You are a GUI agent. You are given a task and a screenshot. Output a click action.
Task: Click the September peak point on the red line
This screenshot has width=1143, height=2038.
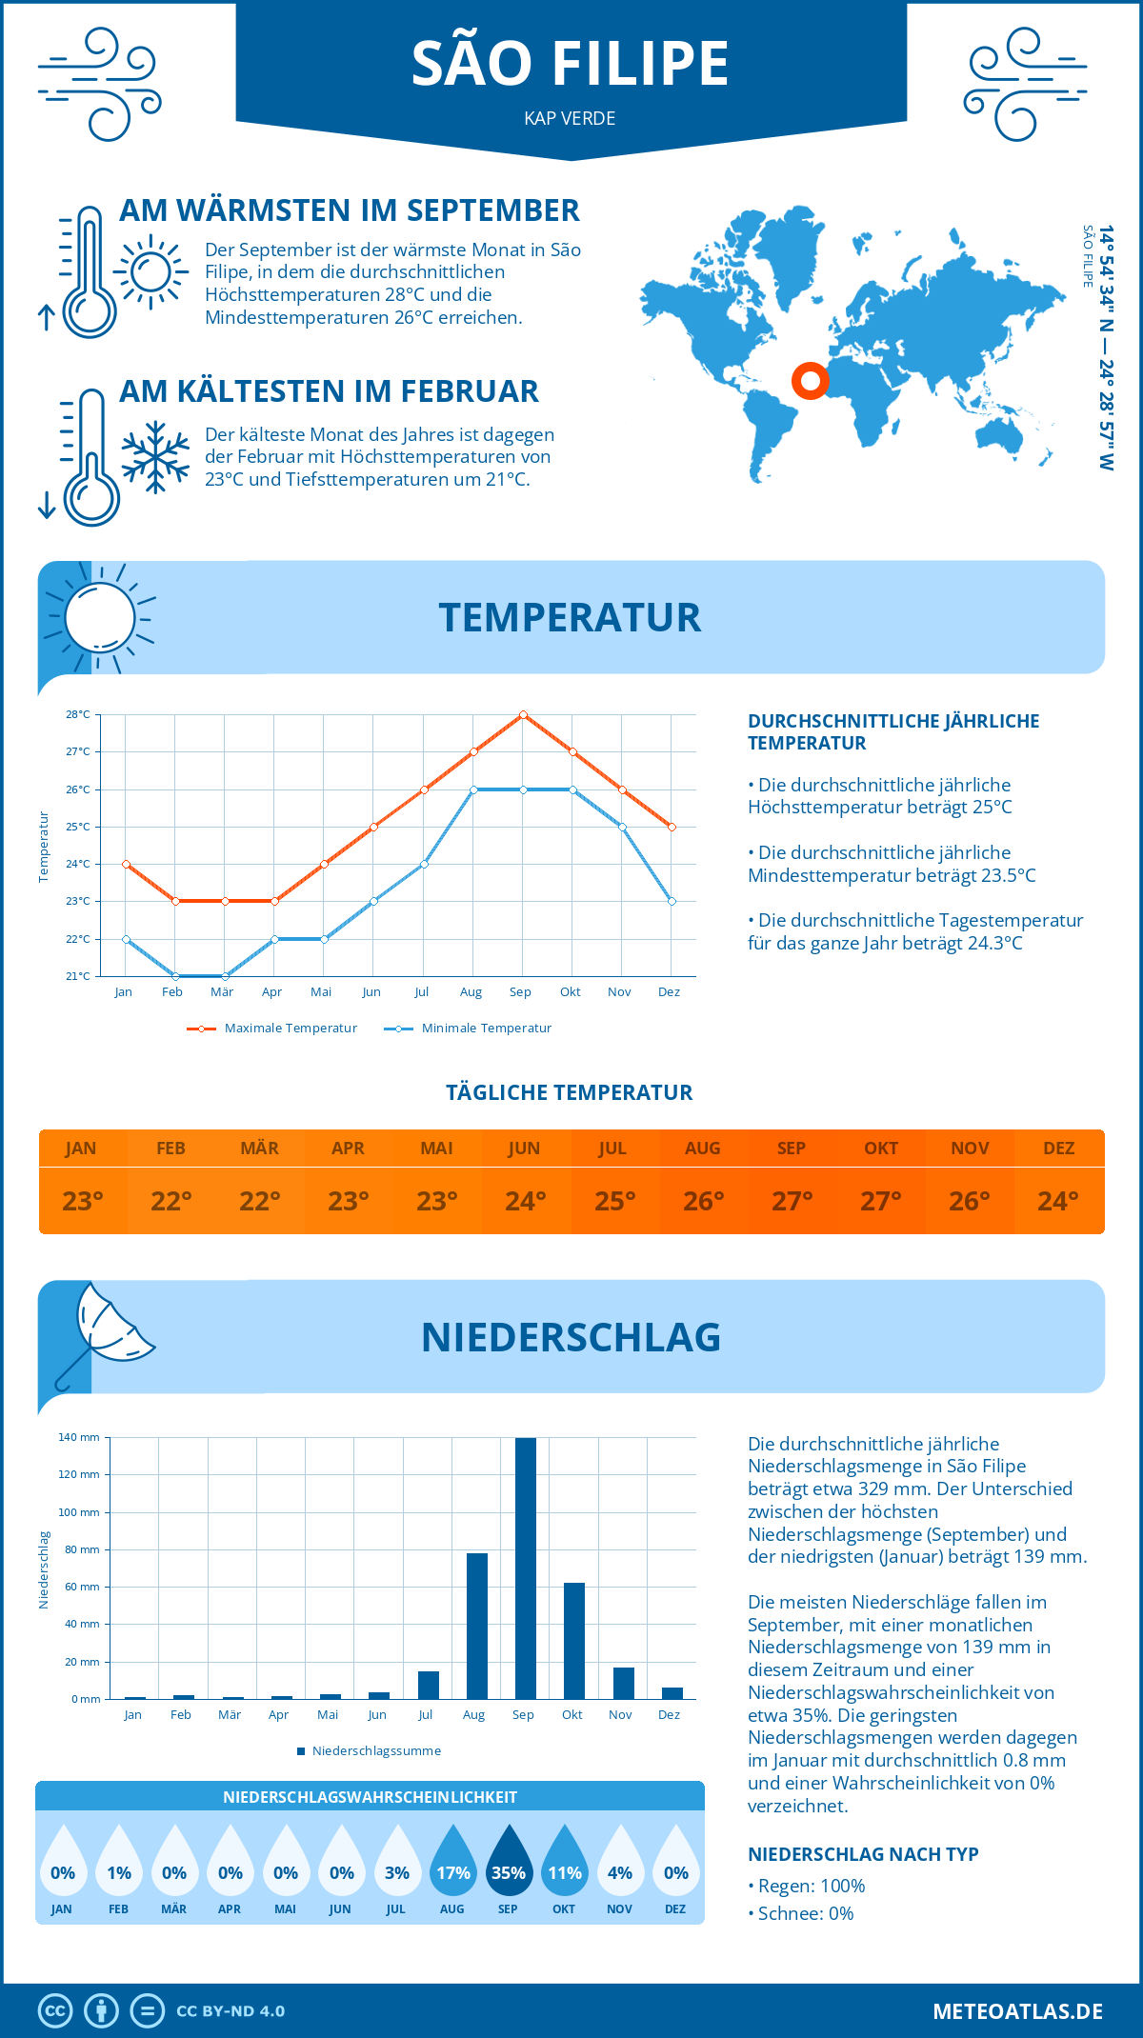[523, 714]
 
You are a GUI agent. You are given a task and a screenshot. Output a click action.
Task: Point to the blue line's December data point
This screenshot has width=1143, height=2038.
[672, 901]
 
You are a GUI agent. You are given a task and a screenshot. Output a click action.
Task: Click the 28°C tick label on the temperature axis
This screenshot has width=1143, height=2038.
[78, 714]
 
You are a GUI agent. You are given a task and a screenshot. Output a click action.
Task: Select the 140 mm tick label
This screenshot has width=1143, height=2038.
[79, 1437]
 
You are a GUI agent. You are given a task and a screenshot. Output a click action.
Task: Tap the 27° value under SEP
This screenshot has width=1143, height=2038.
[792, 1201]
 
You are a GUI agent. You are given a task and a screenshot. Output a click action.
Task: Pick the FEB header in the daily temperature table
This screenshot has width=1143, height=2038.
[170, 1148]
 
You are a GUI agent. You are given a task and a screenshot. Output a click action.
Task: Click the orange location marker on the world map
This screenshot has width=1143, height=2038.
[810, 381]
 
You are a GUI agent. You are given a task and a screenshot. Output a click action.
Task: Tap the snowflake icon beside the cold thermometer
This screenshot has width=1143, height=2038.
[155, 457]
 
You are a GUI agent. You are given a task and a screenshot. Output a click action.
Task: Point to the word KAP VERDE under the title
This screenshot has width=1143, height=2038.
[570, 118]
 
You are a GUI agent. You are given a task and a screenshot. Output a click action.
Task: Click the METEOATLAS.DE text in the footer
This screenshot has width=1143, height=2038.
[1017, 2011]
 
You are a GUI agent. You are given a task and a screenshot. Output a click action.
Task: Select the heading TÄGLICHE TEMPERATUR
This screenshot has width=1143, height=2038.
[570, 1092]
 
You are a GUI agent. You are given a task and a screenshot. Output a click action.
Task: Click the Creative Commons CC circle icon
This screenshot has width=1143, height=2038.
[55, 2011]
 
